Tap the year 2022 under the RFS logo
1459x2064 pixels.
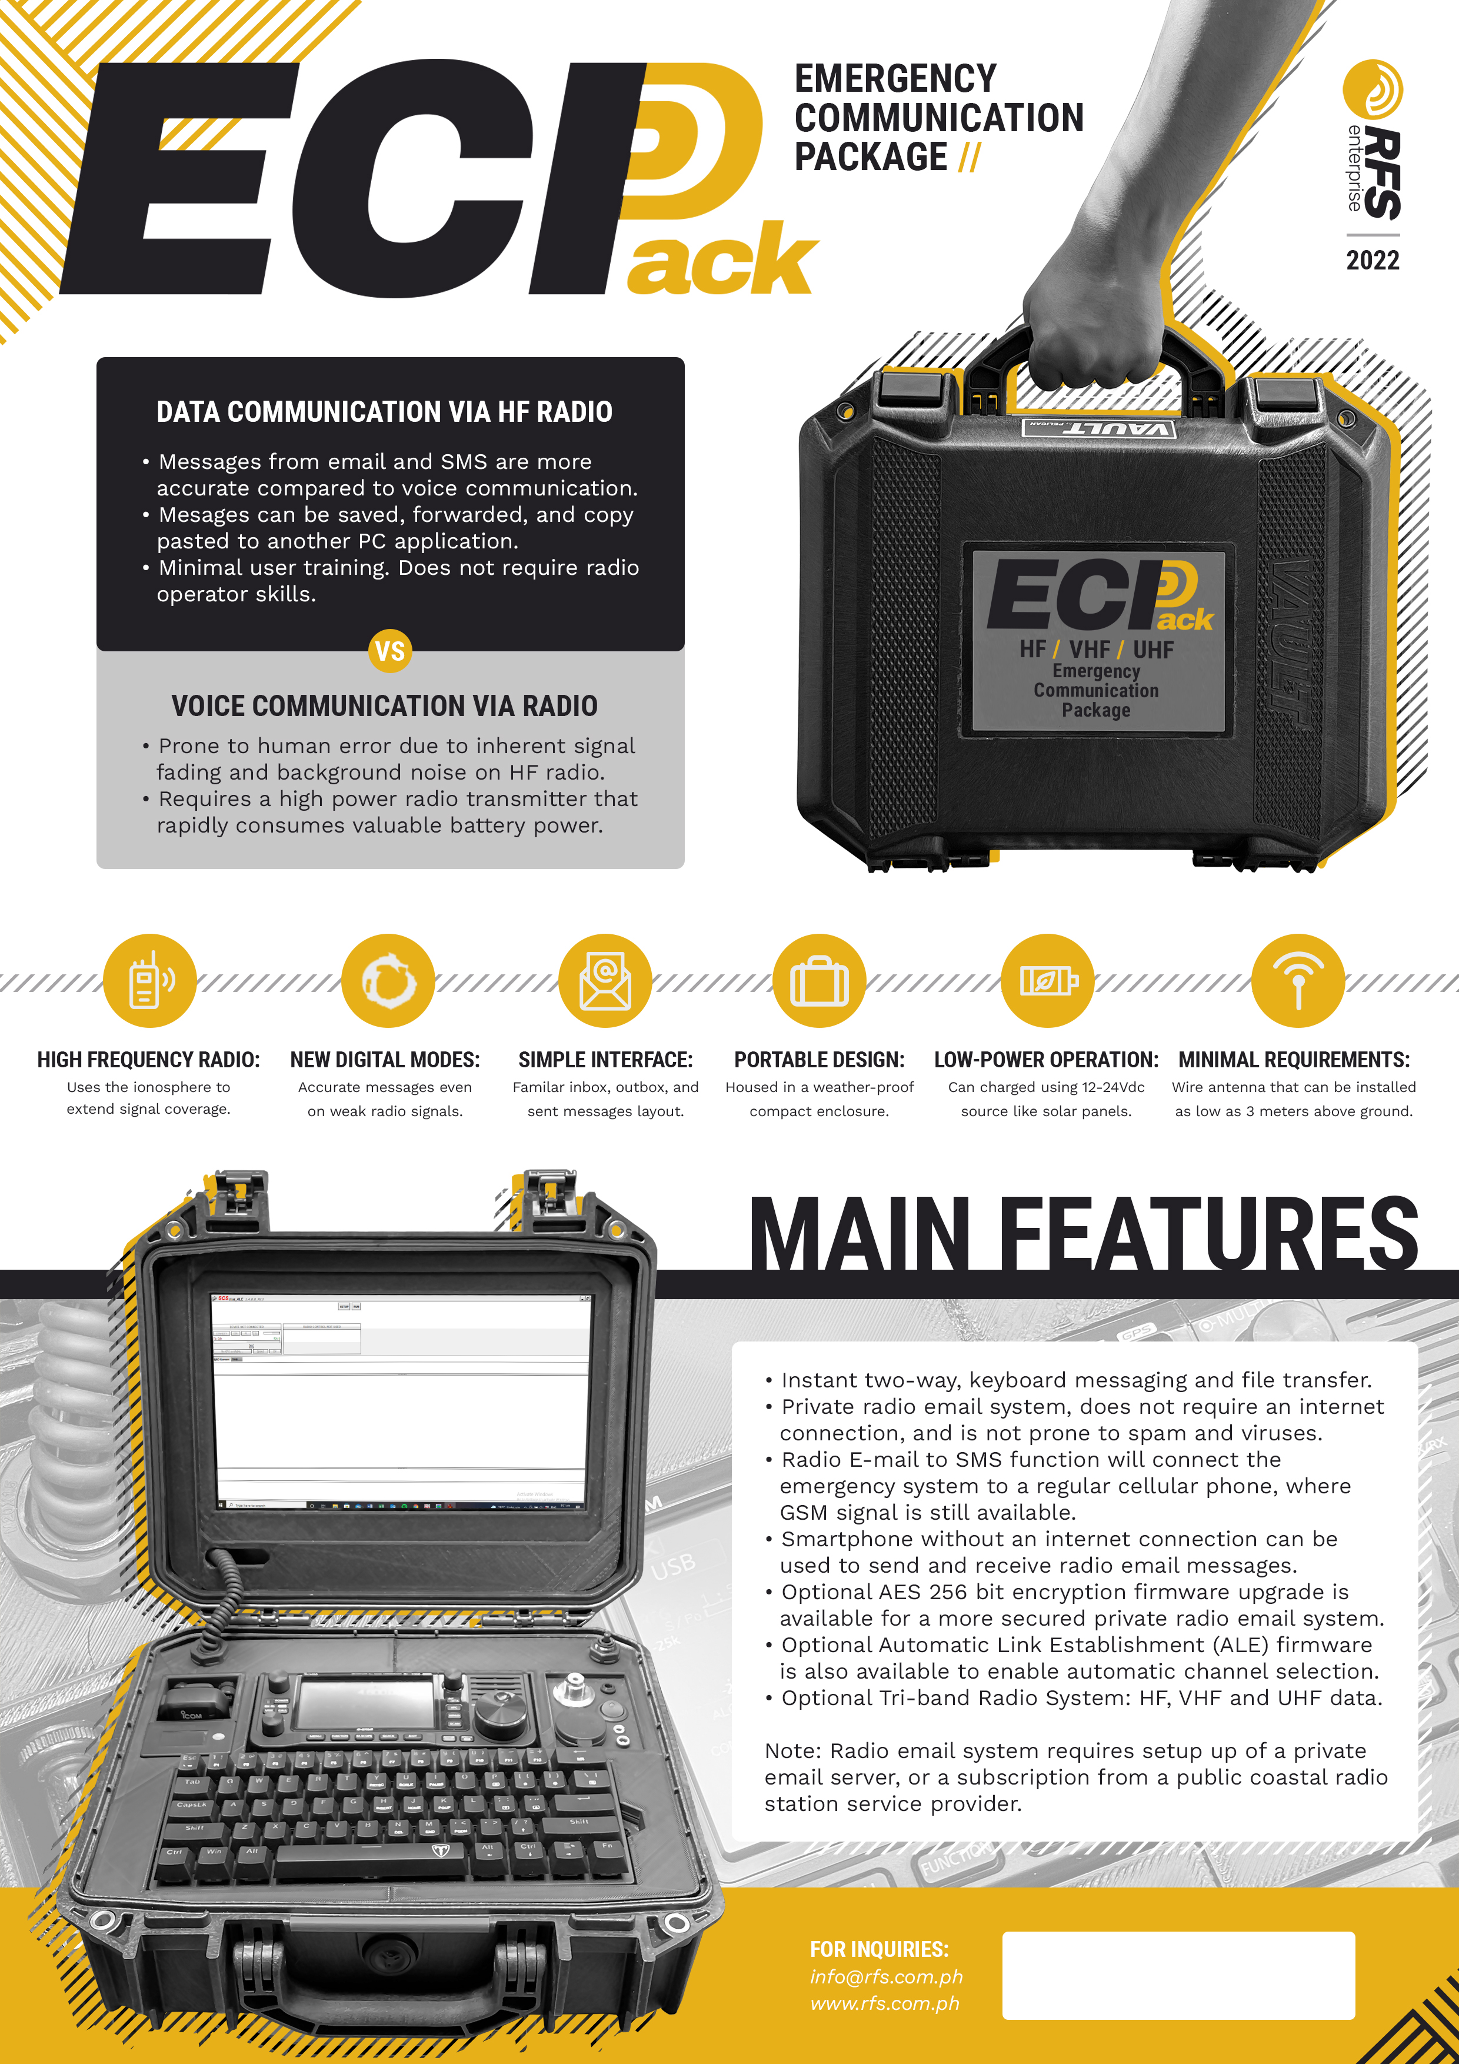[x=1372, y=261]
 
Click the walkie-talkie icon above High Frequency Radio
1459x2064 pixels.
[x=149, y=981]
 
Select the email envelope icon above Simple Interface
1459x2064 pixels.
[x=605, y=981]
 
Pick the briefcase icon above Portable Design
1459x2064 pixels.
[x=819, y=981]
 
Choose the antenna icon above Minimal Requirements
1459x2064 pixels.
[x=1297, y=981]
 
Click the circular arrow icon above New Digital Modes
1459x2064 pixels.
[x=388, y=981]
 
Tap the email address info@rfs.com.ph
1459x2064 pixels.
[x=885, y=1977]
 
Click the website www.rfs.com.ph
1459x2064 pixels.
[x=885, y=2004]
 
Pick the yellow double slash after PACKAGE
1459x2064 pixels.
[x=969, y=157]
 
